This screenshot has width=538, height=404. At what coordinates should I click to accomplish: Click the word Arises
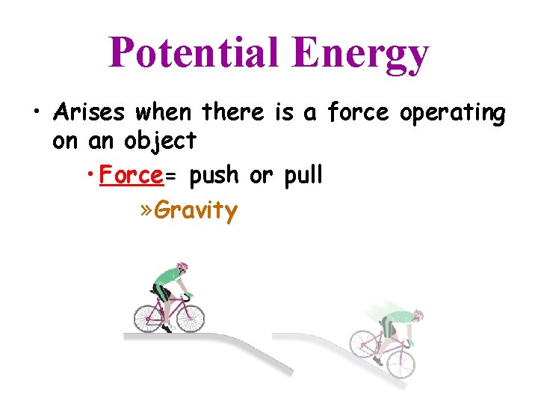point(87,114)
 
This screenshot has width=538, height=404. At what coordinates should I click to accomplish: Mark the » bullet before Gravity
point(146,210)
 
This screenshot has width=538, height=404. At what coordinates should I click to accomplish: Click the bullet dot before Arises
point(36,114)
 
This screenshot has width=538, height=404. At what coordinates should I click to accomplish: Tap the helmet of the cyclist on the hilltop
point(182,267)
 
